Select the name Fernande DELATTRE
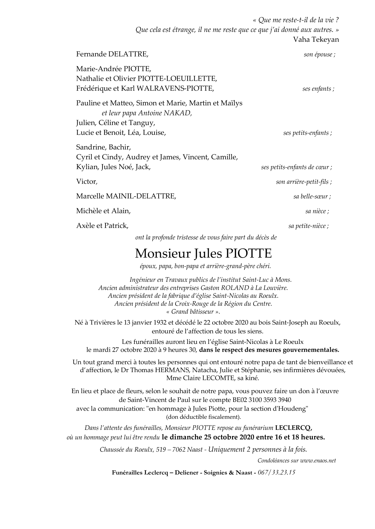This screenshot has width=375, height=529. (112, 54)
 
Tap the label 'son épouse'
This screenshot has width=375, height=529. (319, 55)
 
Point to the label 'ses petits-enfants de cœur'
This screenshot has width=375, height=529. (296, 167)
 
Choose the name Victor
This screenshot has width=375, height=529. (86, 181)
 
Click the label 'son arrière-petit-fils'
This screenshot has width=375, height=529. (303, 182)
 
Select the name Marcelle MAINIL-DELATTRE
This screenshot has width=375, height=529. (126, 196)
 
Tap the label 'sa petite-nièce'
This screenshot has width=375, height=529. (308, 226)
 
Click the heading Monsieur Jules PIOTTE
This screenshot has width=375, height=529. (203, 253)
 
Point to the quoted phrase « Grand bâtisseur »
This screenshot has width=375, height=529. (193, 312)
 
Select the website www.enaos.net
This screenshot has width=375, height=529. (318, 461)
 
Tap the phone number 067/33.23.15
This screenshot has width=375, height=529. (276, 473)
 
